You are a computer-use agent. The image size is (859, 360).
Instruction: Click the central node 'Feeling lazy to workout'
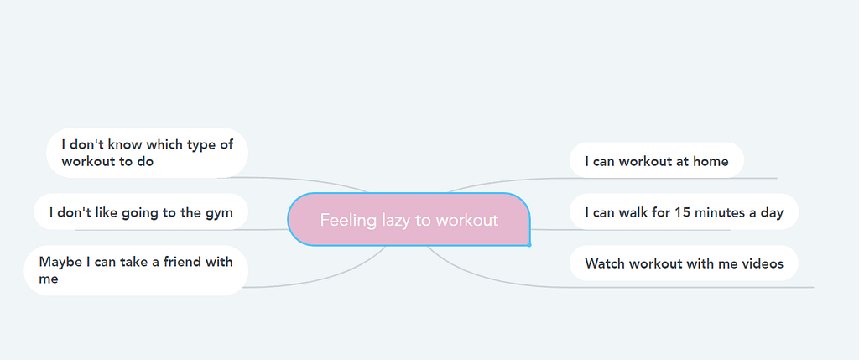coord(409,219)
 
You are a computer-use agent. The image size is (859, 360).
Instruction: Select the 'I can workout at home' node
coord(656,161)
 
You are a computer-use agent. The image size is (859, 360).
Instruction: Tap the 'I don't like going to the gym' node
coord(141,212)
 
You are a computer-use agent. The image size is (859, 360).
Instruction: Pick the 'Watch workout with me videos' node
coord(684,263)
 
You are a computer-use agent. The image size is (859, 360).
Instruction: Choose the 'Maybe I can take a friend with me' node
coord(136,270)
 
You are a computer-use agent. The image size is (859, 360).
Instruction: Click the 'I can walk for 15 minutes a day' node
coord(684,212)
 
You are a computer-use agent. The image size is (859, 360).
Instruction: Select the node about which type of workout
coord(147,153)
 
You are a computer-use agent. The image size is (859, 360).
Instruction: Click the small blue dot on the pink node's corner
coord(529,244)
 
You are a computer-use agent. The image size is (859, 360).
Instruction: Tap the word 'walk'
coord(632,212)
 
